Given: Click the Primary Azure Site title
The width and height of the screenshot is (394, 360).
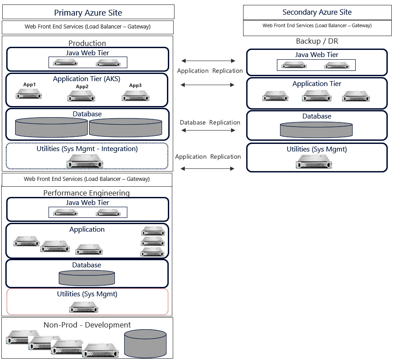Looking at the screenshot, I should (88, 13).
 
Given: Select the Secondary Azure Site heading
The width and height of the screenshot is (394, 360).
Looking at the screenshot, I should (317, 12).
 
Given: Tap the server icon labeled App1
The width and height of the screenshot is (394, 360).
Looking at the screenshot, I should (28, 94).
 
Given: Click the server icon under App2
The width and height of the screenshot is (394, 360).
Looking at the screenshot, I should (81, 96).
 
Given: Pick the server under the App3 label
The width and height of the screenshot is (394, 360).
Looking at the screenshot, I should (135, 96).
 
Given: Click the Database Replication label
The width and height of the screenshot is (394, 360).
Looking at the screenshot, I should (210, 123).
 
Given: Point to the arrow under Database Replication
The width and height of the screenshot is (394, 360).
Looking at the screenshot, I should (208, 131).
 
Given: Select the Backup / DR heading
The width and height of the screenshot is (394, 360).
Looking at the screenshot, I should (317, 41).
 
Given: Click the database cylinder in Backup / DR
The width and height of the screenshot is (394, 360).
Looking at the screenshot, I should (316, 130).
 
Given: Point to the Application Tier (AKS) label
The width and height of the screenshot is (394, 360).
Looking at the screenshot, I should (86, 79).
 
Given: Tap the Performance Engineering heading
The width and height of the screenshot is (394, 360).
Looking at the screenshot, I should (86, 193).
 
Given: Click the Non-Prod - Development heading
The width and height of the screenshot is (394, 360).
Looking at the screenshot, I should (87, 325).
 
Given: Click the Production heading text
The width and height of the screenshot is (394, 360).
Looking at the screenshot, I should (87, 43).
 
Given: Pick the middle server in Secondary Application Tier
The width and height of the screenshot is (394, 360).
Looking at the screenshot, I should (317, 96).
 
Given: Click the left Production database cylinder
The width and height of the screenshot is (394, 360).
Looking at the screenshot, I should (51, 127).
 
